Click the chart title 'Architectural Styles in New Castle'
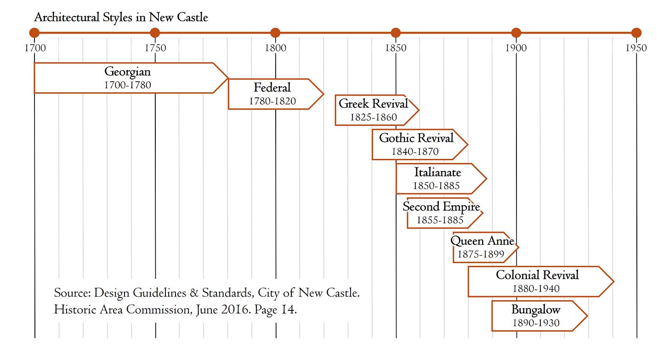(121, 18)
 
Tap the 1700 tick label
(35, 48)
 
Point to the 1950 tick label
(636, 48)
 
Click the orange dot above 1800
(275, 33)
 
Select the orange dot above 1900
(516, 33)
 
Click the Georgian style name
(127, 72)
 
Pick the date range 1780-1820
(272, 101)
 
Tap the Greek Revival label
(373, 104)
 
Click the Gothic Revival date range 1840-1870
(415, 152)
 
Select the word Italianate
(437, 173)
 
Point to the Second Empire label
(441, 207)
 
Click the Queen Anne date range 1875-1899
(481, 254)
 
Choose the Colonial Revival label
(537, 275)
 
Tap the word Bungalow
(536, 309)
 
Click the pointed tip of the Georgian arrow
(228, 78)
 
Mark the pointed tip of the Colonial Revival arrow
(613, 281)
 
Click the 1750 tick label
(155, 48)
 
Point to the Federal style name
(272, 87)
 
